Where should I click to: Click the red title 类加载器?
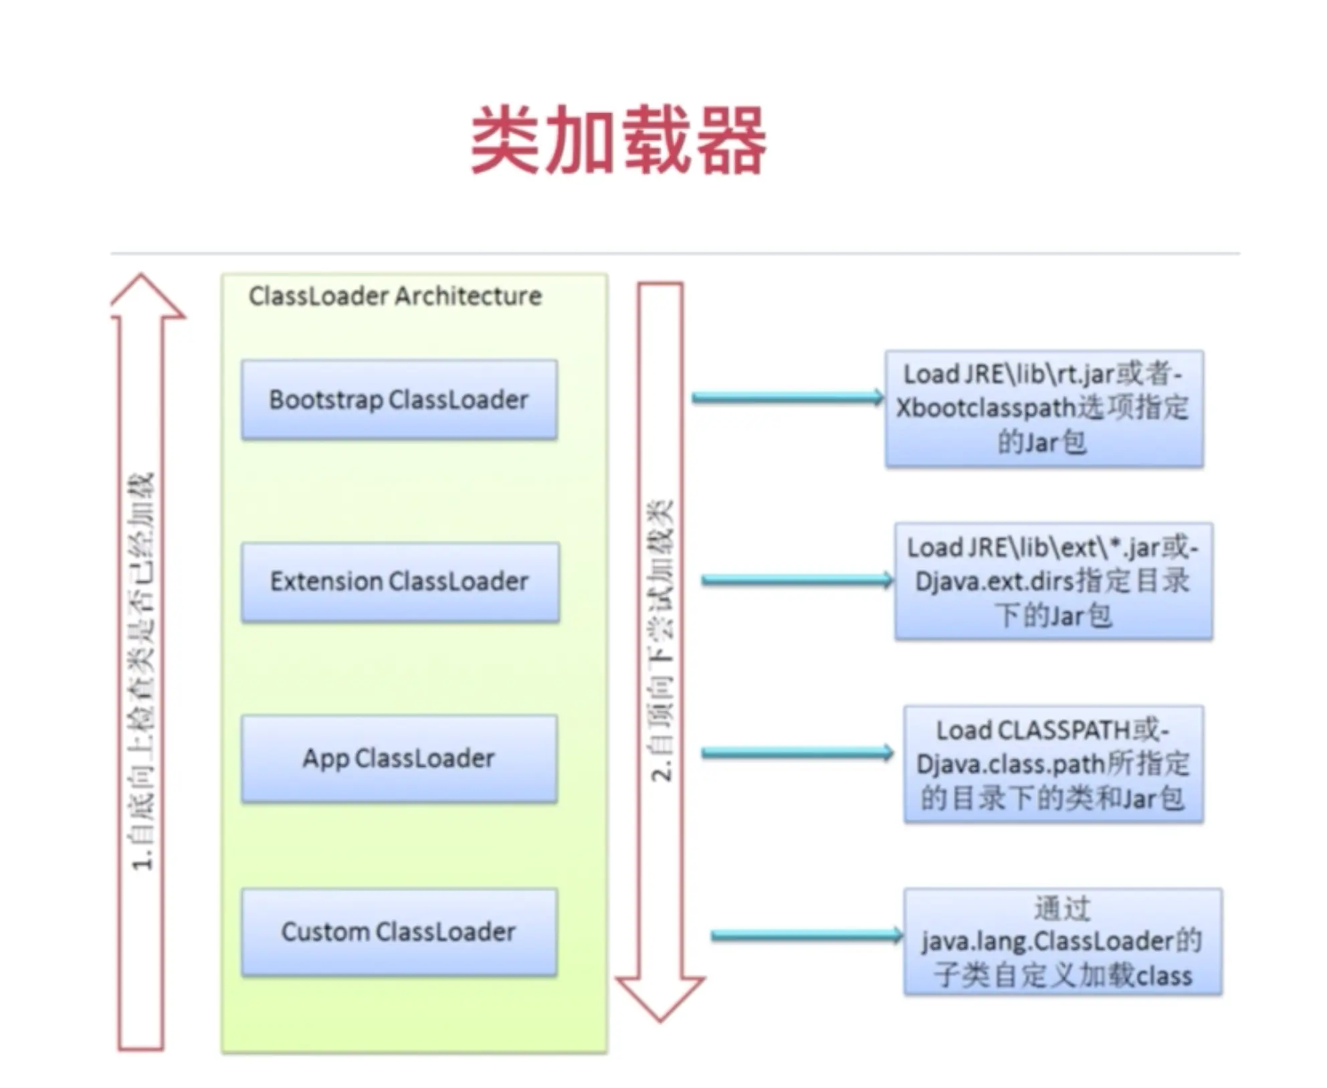point(618,140)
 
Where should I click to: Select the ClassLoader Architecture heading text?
point(395,296)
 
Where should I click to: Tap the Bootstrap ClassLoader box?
point(399,399)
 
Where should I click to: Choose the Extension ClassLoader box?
point(399,581)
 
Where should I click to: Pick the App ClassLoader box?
point(399,758)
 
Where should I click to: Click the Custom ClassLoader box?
point(399,931)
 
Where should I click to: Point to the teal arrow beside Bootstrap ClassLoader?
point(787,397)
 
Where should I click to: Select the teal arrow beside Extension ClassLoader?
point(796,580)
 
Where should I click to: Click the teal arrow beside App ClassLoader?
point(796,753)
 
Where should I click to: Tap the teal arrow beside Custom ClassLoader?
point(805,935)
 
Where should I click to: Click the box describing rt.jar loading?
point(1043,408)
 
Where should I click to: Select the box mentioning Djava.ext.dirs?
point(1053,581)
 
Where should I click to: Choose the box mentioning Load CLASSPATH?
point(1053,763)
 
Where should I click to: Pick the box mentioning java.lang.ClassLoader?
point(1062,941)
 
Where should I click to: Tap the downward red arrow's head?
point(659,997)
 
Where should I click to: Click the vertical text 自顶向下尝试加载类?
point(661,639)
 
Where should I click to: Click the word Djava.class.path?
point(1010,764)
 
